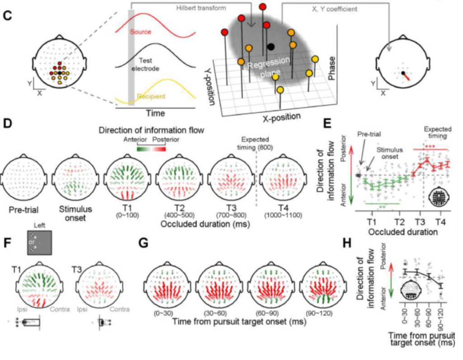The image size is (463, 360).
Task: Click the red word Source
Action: (x=140, y=32)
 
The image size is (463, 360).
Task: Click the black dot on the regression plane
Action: (x=270, y=46)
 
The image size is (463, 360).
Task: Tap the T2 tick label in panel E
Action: (x=398, y=222)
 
